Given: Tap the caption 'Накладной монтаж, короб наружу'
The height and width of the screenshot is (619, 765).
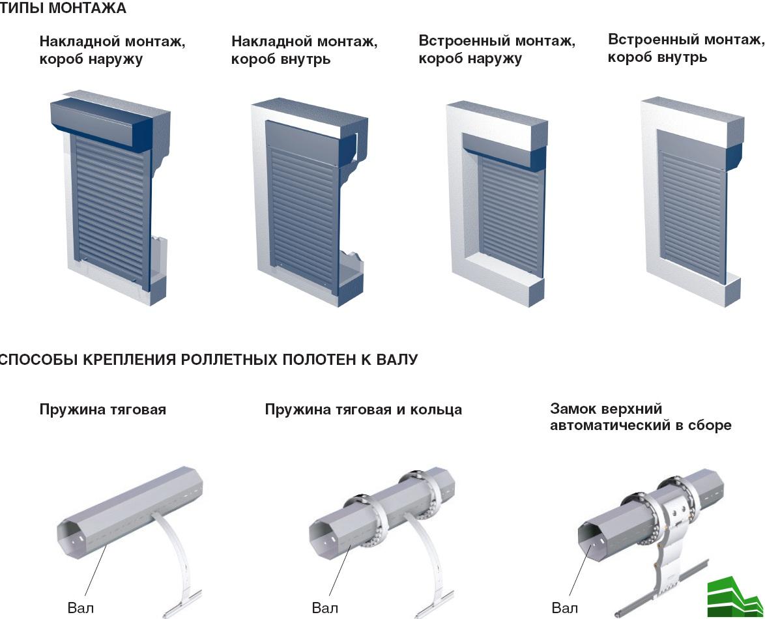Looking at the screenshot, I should [x=112, y=50].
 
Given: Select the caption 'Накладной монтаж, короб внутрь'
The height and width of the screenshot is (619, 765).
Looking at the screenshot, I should [x=304, y=50].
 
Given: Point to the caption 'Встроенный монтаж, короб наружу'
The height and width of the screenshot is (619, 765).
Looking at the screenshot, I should [x=497, y=50].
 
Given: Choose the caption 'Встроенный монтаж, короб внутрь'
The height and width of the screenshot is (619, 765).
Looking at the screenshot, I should [x=686, y=48].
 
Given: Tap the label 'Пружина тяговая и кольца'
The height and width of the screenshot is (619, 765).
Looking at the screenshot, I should [x=363, y=410].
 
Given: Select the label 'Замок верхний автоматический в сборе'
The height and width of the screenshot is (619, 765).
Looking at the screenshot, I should [x=640, y=417].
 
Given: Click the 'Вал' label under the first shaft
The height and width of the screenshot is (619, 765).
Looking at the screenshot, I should [x=80, y=608].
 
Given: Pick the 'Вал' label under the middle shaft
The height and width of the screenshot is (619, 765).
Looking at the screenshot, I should [x=325, y=608].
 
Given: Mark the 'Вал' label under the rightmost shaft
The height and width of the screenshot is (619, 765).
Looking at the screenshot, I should [x=564, y=608].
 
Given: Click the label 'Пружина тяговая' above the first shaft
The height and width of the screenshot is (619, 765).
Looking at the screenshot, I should [x=102, y=410].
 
